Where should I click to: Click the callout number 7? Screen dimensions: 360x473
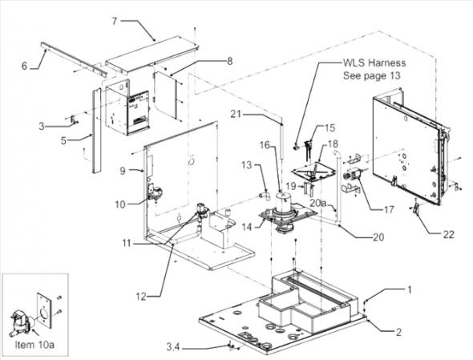tap(137, 19)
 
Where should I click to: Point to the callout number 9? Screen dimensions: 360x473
tap(123, 171)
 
